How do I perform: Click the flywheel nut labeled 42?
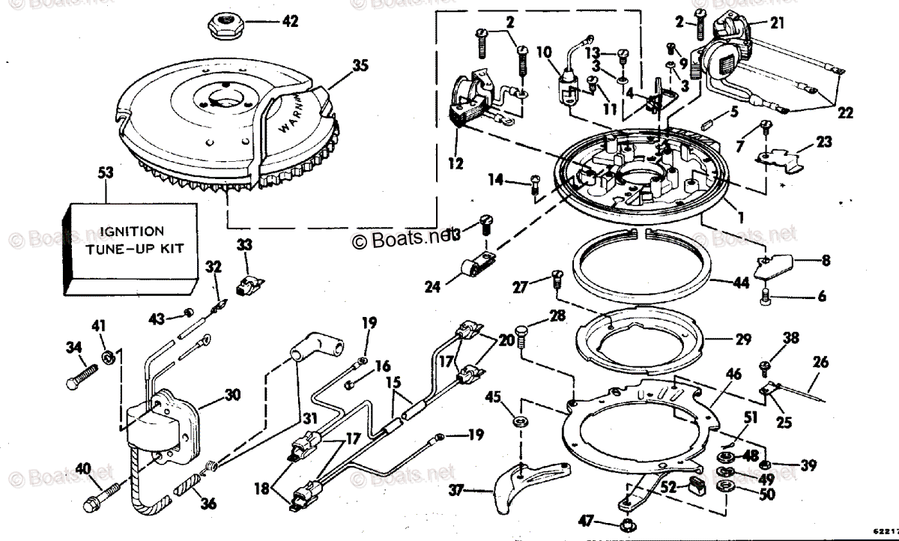click(x=223, y=28)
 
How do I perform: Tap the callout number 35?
click(x=360, y=65)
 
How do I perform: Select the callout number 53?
click(x=106, y=173)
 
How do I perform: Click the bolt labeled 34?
click(x=76, y=375)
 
